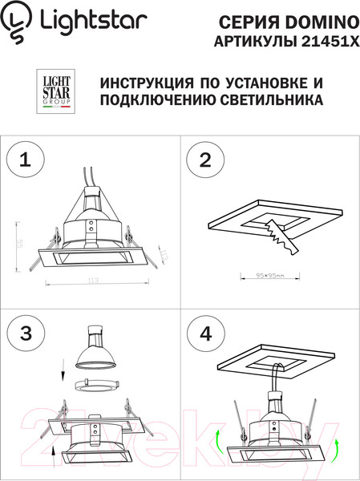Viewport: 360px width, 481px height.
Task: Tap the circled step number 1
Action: pyautogui.click(x=23, y=161)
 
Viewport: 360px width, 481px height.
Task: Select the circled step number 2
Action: pyautogui.click(x=205, y=161)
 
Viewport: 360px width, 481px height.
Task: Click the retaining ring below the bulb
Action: pyautogui.click(x=95, y=386)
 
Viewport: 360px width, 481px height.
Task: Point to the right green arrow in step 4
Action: pyautogui.click(x=336, y=447)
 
